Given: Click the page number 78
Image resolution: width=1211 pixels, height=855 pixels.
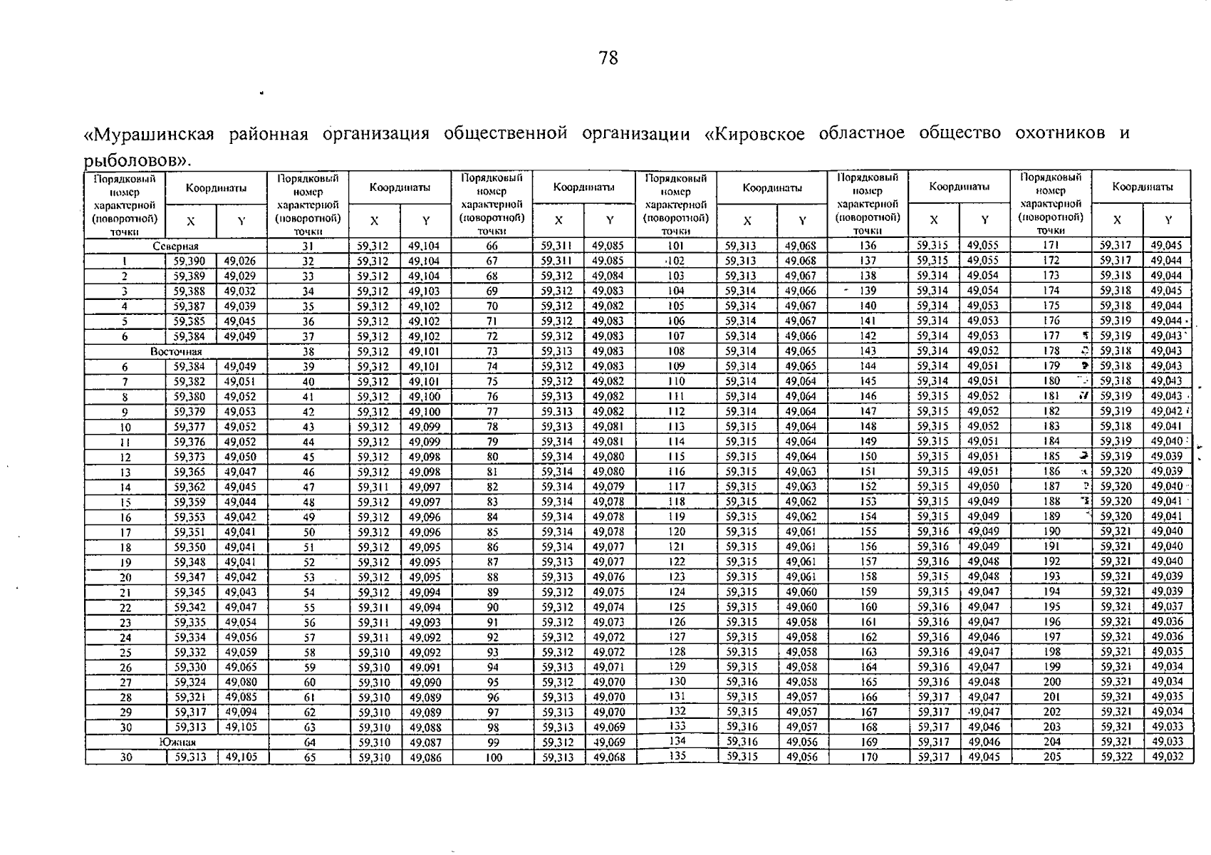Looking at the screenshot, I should [x=608, y=58].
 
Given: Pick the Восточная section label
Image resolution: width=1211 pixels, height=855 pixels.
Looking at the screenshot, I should [x=176, y=351].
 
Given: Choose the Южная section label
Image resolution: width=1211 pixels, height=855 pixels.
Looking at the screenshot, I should [x=177, y=742].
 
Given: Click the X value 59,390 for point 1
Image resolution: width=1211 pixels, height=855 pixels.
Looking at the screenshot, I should [x=190, y=261].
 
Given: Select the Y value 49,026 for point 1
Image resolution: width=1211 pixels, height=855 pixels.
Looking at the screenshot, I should [x=241, y=261].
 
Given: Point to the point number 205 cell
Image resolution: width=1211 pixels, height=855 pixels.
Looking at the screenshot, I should [x=1051, y=757].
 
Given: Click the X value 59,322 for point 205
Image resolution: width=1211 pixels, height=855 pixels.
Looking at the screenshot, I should [x=1116, y=757].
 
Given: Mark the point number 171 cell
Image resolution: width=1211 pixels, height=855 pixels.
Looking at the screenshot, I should [x=1051, y=246].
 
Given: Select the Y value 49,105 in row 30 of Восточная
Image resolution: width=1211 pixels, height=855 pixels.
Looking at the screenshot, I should [x=241, y=727].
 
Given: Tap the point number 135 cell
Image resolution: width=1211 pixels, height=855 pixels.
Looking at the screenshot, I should [x=677, y=757].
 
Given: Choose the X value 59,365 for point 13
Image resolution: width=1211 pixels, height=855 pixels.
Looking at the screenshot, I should [x=190, y=472].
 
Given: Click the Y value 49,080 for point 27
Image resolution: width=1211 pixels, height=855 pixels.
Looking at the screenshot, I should [x=241, y=683].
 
